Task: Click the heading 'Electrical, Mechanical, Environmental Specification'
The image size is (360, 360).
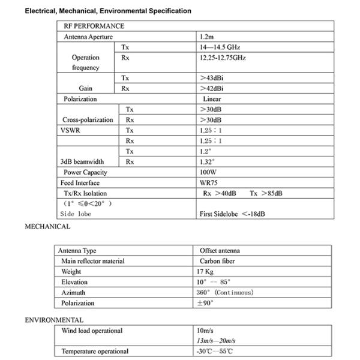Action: [x=108, y=11]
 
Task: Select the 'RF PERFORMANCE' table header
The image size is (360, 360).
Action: [x=94, y=26]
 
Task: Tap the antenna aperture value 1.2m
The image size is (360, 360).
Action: [x=207, y=37]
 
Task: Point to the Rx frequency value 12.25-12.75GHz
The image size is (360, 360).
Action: [x=223, y=58]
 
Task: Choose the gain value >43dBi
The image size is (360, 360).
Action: [x=215, y=78]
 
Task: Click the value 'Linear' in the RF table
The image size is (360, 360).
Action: [x=212, y=99]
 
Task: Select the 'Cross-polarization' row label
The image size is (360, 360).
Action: [x=88, y=119]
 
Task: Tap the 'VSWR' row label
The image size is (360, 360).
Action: [x=70, y=130]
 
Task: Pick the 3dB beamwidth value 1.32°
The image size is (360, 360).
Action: [x=208, y=161]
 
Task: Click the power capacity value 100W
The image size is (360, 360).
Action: [x=208, y=172]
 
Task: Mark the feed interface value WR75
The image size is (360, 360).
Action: [x=209, y=182]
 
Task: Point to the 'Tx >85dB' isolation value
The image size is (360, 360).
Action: [x=266, y=193]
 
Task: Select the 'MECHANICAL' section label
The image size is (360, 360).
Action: [x=47, y=227]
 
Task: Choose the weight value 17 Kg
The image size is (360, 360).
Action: [x=208, y=272]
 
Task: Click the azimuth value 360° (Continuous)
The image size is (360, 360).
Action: [x=225, y=292]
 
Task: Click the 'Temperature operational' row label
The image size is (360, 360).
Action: [x=95, y=351]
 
